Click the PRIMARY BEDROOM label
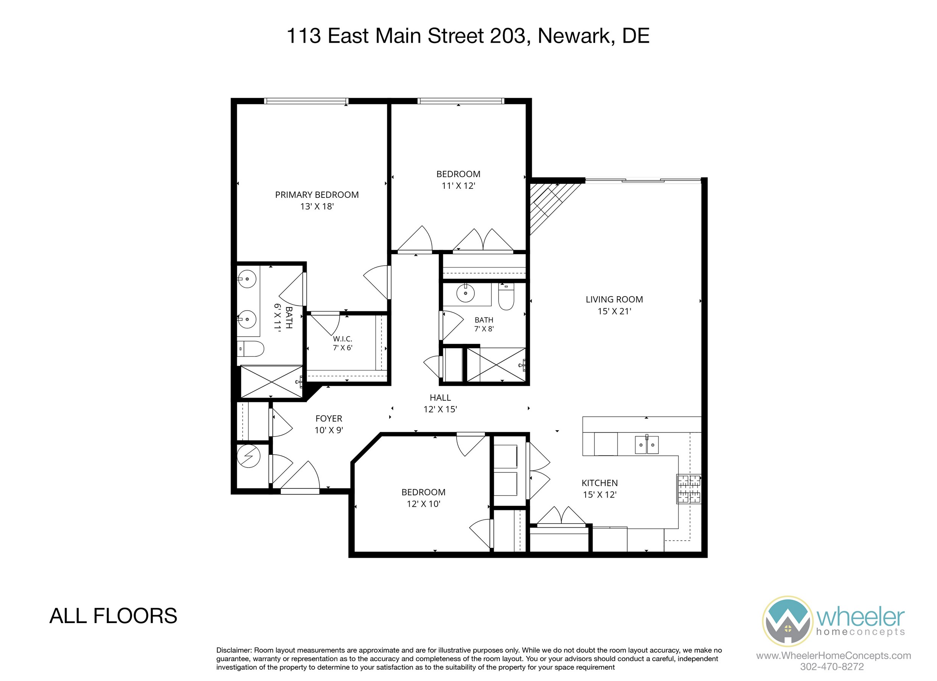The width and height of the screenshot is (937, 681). pos(317,194)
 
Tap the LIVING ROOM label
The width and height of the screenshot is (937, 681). pos(614,299)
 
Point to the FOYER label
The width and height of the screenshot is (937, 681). pos(329,418)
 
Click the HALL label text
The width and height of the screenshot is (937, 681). pos(440,397)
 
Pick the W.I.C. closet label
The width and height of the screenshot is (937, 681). pos(343,339)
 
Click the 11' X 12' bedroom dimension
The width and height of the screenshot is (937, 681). pos(458,186)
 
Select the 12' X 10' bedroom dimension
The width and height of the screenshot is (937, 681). pos(424,504)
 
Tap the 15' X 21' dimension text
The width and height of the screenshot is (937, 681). pos(614,311)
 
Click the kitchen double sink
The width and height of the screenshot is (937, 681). pos(647,445)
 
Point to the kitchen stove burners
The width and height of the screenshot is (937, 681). pos(689,488)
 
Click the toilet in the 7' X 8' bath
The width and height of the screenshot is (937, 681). pos(506,296)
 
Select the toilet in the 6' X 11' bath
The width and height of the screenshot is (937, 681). pos(250,349)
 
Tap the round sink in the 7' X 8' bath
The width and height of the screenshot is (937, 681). pos(466,293)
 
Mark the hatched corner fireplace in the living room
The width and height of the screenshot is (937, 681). pos(549,204)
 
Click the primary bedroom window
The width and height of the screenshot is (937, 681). pos(306,101)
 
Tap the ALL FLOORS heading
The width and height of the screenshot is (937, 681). pos(113,616)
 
